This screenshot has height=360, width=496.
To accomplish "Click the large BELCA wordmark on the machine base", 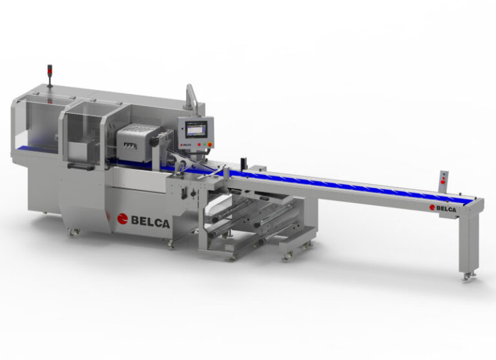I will [x=151, y=222].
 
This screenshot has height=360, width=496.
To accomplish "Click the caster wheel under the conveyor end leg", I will [x=466, y=277].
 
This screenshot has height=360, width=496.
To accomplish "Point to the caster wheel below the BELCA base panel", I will [x=171, y=244].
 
